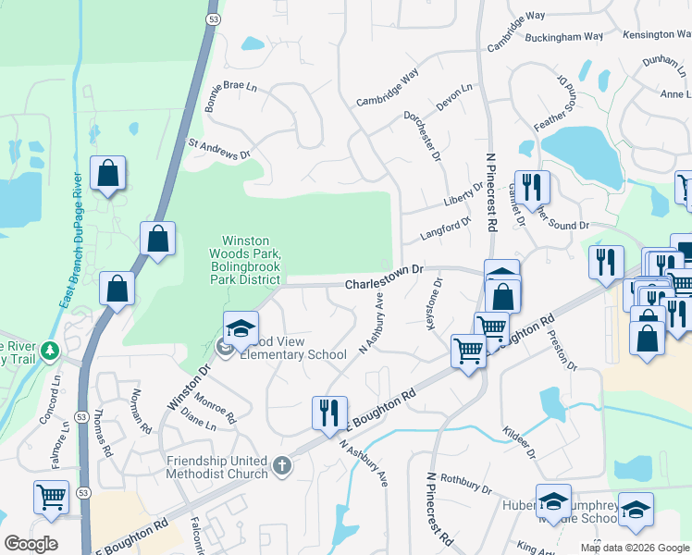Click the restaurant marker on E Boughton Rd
tap(329, 413)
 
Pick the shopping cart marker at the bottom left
tap(51, 497)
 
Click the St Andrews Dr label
tap(218, 149)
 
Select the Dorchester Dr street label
tap(422, 138)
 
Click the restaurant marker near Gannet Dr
tap(532, 187)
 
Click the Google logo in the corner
tap(31, 544)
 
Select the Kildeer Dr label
tap(518, 439)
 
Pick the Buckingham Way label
tap(563, 38)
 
